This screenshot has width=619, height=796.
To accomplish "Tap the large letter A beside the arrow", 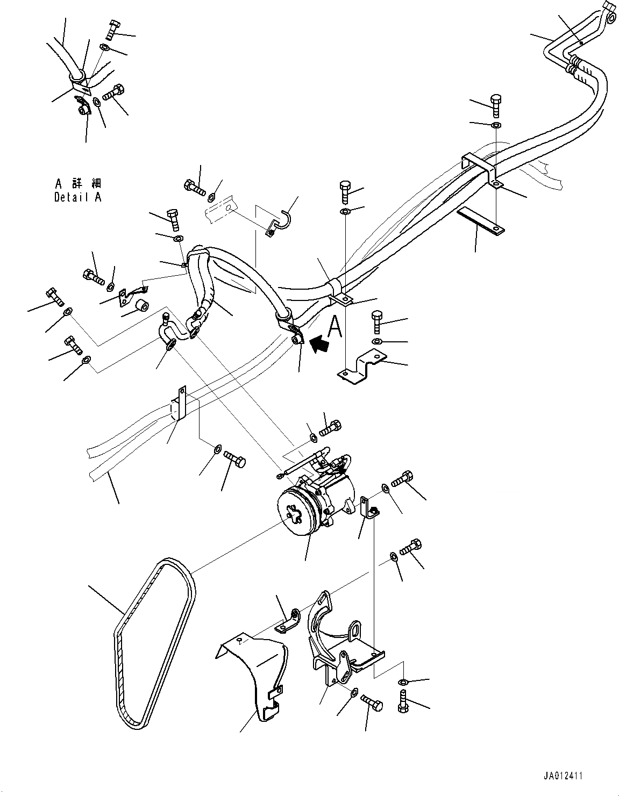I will point(335,326).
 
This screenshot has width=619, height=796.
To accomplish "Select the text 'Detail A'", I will point(77,197).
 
